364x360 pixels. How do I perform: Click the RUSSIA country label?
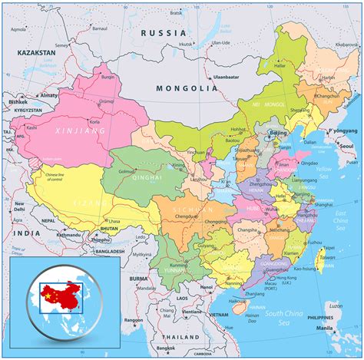point(164,34)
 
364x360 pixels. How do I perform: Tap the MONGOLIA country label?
point(187,88)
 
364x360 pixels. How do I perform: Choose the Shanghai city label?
point(323,204)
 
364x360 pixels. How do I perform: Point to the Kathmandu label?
point(67,234)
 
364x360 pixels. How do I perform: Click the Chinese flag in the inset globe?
point(49,293)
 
